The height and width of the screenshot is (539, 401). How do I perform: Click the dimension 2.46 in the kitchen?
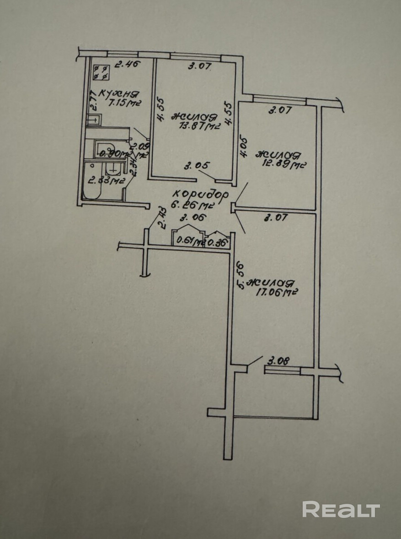pyautogui.click(x=128, y=65)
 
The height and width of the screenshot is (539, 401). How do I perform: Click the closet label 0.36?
pyautogui.click(x=217, y=241)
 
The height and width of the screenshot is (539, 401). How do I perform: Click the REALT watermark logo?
pyautogui.click(x=341, y=509)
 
